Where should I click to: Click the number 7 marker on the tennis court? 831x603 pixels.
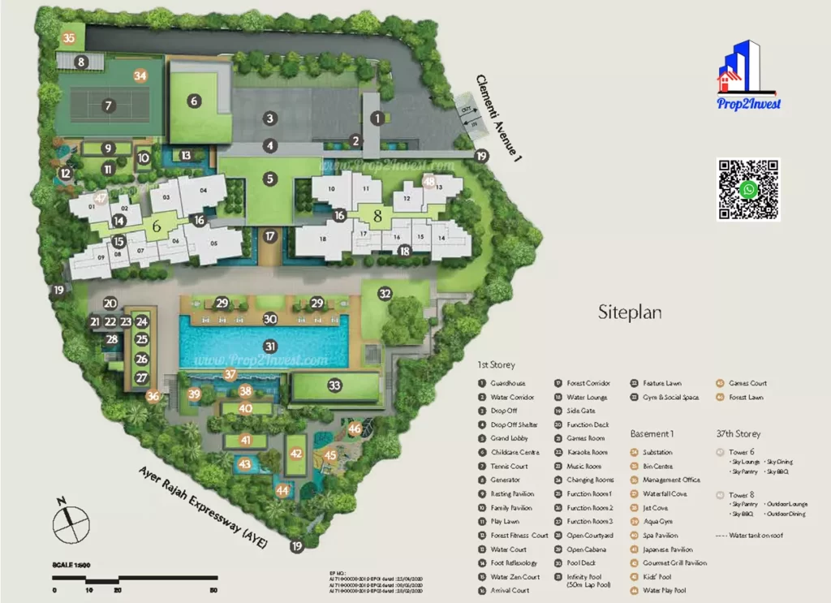point(108,106)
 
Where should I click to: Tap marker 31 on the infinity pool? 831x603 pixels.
point(270,346)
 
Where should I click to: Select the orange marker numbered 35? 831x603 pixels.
point(69,38)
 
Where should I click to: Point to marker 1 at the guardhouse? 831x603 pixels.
point(377,118)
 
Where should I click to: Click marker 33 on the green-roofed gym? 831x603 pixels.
point(334,385)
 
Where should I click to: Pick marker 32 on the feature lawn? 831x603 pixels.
point(385,294)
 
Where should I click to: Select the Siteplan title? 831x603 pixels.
point(631,311)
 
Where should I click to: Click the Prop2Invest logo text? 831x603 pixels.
point(748,103)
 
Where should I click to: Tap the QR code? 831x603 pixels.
point(748,190)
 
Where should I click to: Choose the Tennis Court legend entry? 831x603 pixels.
point(508,467)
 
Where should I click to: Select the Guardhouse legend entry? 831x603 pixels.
point(507,384)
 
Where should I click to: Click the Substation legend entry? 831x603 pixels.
point(657,452)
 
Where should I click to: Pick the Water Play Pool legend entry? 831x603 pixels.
point(664,590)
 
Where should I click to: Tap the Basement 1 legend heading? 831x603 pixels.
point(652,434)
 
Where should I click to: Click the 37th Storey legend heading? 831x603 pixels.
point(738,434)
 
